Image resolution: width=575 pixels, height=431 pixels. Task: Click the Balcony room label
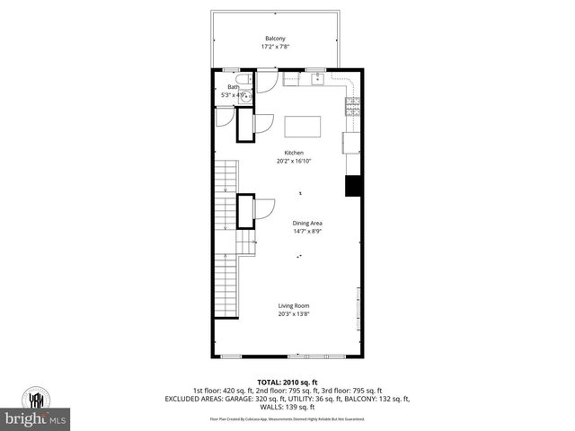tap(275, 38)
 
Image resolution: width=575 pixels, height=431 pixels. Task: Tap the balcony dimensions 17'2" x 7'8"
tap(275, 46)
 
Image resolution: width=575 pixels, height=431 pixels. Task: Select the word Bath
tap(233, 87)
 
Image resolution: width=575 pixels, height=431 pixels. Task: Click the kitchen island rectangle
tap(303, 126)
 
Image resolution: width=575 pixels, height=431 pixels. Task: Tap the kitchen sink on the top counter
tap(318, 79)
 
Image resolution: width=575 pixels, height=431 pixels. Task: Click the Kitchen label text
tap(295, 154)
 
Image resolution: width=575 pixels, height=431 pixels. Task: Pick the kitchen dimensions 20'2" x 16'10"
tap(295, 162)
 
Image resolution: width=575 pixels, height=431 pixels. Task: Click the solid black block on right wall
tap(354, 185)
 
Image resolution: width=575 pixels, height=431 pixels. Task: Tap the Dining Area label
tap(307, 223)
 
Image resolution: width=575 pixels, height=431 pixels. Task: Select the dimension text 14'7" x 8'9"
tap(307, 231)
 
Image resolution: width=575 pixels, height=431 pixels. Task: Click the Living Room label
tap(294, 306)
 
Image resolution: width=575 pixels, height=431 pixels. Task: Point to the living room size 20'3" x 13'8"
tap(294, 314)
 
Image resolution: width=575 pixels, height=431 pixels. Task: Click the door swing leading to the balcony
tap(267, 82)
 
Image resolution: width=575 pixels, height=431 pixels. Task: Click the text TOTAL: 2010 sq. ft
tap(287, 383)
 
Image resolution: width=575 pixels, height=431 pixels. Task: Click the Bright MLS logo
tap(35, 418)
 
